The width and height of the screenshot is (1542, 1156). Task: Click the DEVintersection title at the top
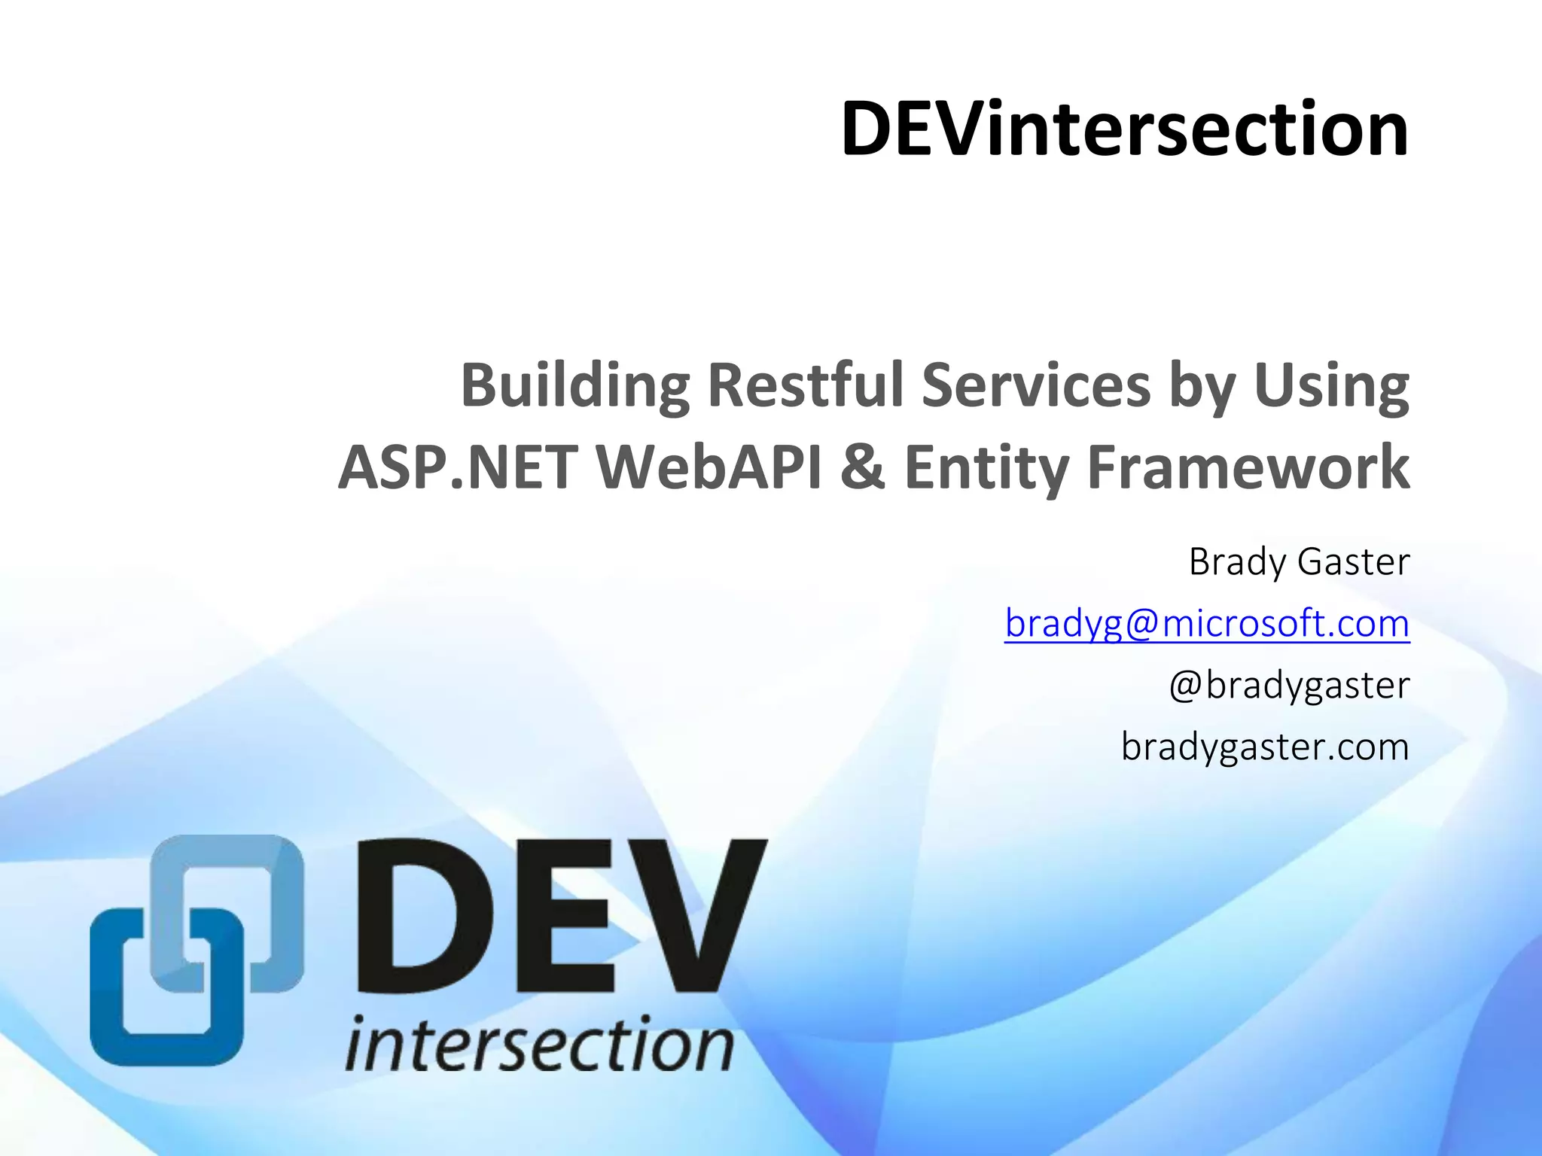point(1123,129)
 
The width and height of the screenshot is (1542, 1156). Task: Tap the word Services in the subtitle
point(1036,385)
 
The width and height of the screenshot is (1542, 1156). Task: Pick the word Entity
point(986,467)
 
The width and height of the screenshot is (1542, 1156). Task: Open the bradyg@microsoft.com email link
point(1206,624)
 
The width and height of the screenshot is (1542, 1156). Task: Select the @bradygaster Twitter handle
point(1288,686)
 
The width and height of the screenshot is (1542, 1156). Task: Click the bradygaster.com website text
point(1264,747)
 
